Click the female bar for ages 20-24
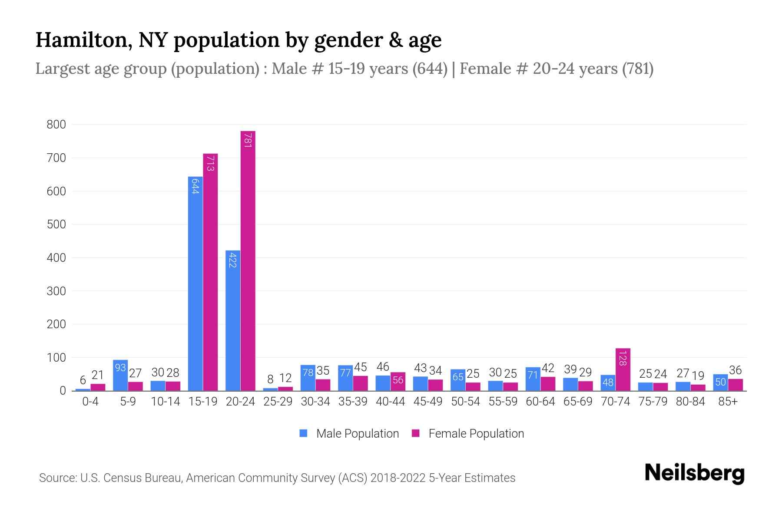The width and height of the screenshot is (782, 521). (x=248, y=260)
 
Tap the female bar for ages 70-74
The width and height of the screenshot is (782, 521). (x=623, y=369)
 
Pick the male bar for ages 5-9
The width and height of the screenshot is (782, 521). (x=120, y=376)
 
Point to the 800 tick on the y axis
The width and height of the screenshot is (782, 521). (x=56, y=125)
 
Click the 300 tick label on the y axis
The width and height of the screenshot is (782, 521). (x=56, y=291)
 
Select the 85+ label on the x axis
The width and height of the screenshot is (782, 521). (x=728, y=402)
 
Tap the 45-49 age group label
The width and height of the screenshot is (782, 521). (x=428, y=402)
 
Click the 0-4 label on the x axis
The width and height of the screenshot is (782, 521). (x=90, y=402)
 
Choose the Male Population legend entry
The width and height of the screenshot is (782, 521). (x=349, y=433)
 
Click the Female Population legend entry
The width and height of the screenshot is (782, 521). (x=468, y=433)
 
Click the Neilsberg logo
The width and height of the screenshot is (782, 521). (x=694, y=473)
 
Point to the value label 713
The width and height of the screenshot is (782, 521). (x=210, y=163)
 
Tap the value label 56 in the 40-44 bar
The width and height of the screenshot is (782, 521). (x=398, y=380)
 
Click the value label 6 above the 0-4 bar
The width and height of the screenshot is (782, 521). (x=83, y=381)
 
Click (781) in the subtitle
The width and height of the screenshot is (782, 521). (x=637, y=69)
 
